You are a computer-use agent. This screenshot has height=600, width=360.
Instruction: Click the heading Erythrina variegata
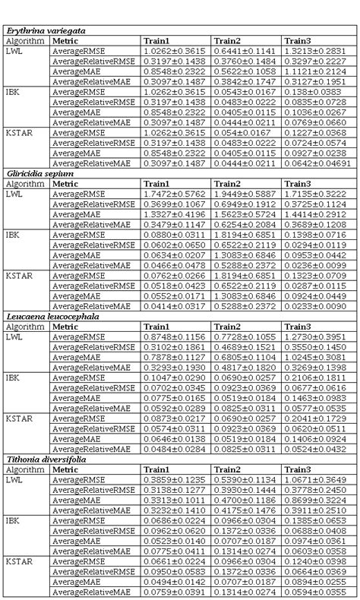tap(45, 30)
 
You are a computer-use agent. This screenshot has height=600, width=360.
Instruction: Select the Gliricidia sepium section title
tap(40, 174)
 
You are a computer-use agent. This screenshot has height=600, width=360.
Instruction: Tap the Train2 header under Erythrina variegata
tap(227, 40)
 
